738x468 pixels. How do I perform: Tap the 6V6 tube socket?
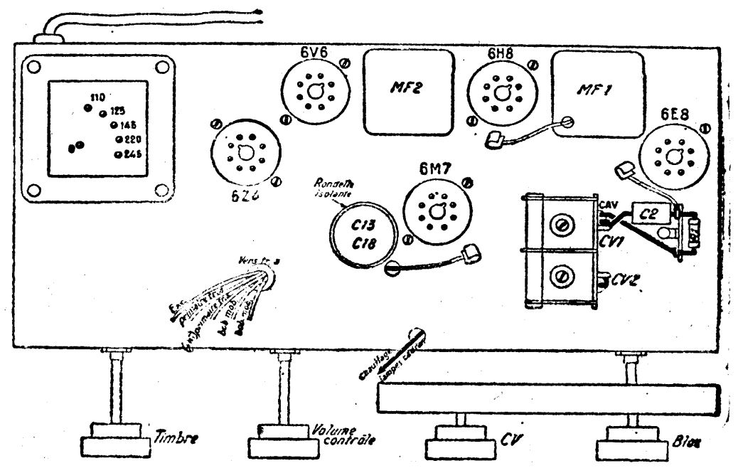314,90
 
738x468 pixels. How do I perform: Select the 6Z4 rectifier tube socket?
245,154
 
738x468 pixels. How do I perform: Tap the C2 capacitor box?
651,213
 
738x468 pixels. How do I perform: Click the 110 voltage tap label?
98,97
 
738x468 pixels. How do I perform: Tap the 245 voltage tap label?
134,154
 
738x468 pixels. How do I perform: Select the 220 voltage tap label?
133,139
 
